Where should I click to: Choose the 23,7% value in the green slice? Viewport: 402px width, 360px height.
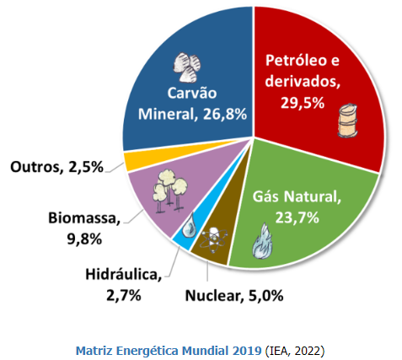coord(297,218)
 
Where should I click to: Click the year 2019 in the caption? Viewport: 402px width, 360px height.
coord(245,348)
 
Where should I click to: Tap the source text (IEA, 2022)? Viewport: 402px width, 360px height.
coord(295,348)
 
